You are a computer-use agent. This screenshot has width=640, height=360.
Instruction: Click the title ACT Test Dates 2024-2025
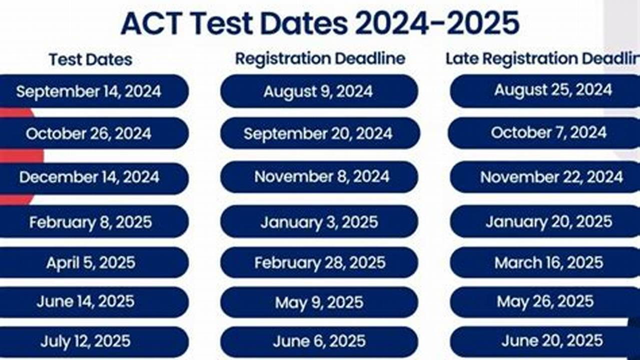pos(320,23)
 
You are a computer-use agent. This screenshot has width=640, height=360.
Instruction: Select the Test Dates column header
pos(91,59)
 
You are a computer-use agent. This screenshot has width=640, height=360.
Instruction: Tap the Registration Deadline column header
pos(320,58)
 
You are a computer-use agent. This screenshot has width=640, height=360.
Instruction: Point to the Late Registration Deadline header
pos(542,58)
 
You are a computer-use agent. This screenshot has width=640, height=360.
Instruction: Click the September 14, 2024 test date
pos(89,91)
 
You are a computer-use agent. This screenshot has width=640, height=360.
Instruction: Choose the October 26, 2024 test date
pos(89,133)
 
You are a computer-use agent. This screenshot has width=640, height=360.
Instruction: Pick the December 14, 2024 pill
pos(89,177)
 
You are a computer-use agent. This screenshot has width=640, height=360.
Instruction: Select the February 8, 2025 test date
pos(91,221)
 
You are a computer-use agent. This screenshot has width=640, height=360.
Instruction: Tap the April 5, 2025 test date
pos(91,262)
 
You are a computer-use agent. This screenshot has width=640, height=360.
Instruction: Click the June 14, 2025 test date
pos(86,301)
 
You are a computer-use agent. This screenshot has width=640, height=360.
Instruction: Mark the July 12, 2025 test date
pos(86,341)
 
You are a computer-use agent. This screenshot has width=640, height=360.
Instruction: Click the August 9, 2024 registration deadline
pos(318,91)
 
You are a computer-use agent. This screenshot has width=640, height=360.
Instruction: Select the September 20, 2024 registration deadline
pos(318,133)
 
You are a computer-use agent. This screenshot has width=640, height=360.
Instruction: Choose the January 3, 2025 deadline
pos(319,221)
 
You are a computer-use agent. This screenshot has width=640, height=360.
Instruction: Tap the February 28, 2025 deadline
pos(320,262)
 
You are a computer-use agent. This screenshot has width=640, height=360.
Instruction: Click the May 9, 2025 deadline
pos(319,302)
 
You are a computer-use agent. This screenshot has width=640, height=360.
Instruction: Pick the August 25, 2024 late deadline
pos(552,90)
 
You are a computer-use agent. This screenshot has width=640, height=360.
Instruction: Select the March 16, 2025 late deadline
pos(549,262)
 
